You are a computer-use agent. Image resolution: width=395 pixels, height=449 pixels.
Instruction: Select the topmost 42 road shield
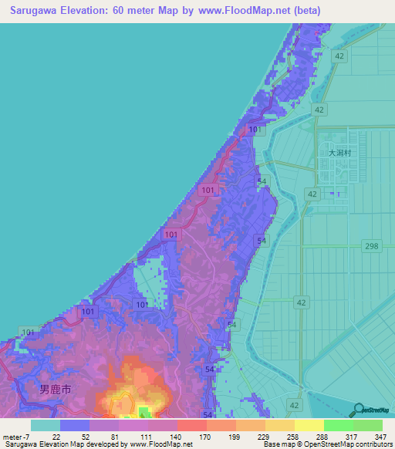339,56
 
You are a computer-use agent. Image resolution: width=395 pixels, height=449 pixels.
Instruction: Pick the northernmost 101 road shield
255,131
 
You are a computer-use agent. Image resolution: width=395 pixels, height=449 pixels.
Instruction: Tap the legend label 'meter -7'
18,436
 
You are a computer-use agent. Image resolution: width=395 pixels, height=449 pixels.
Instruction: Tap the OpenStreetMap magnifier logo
359,409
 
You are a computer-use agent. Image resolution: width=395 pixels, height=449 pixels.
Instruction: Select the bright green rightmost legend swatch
368,425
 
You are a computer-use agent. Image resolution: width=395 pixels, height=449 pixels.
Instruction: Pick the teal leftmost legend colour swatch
45,425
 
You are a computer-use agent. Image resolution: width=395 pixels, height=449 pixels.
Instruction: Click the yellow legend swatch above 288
309,425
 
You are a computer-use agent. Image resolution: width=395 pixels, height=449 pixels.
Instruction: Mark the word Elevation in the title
96,10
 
